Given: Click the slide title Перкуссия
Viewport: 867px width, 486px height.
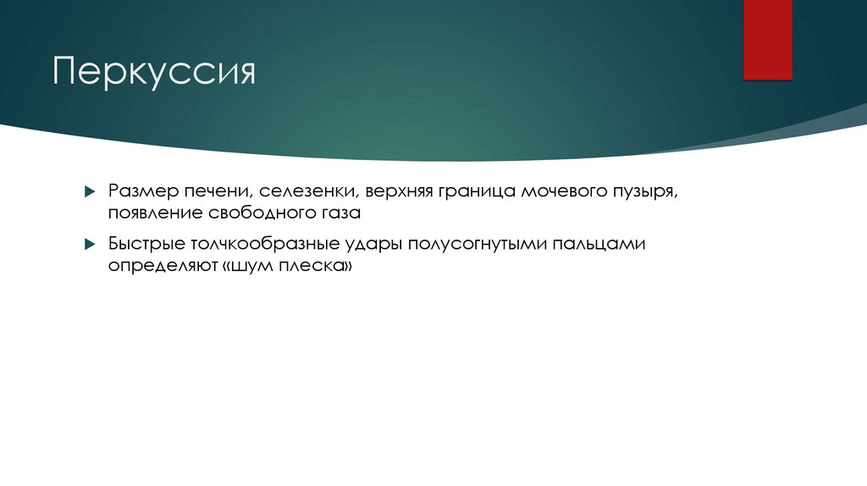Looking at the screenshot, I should [x=154, y=73].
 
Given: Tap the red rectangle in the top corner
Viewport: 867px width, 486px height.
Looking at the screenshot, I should [x=767, y=40].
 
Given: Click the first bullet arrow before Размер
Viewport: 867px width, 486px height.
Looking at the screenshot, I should [x=90, y=192].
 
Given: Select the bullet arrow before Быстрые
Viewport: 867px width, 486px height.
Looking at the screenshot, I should [x=90, y=246].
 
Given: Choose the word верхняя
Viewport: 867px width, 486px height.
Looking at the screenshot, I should [x=398, y=191].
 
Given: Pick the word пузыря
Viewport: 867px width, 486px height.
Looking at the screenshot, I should [x=648, y=192].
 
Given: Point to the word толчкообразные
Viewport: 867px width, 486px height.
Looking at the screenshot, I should [x=256, y=245].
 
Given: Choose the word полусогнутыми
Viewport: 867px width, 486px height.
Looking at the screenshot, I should [x=476, y=246].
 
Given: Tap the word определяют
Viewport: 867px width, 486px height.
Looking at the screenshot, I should [x=158, y=266].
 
